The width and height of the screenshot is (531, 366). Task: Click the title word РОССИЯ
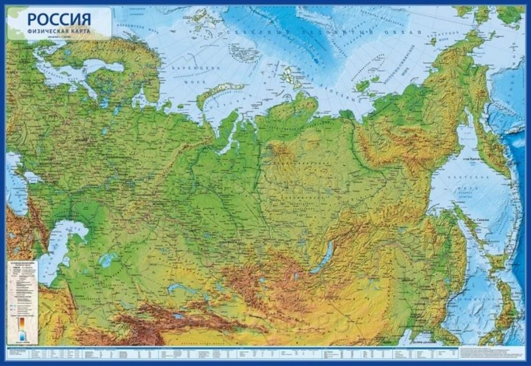pyautogui.click(x=59, y=19)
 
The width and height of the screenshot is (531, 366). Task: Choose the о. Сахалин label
pyautogui.click(x=480, y=219)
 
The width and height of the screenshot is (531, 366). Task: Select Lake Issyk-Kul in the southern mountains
pyautogui.click(x=179, y=316)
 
